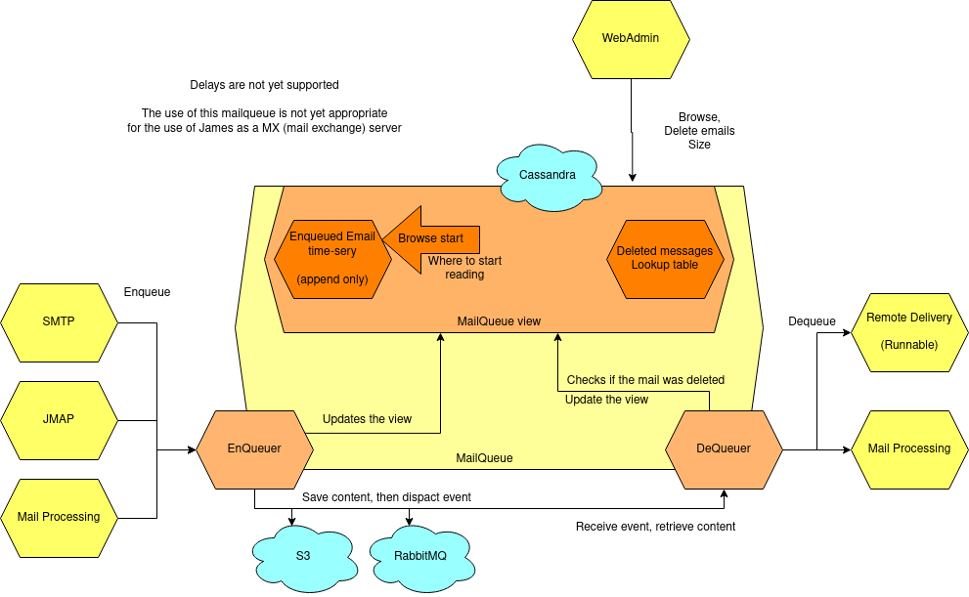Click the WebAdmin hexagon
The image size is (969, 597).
631,39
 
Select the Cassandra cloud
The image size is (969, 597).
547,175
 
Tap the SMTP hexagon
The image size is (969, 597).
59,321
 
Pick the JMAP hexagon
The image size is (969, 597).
59,419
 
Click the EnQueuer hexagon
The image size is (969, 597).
254,448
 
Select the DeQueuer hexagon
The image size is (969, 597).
724,448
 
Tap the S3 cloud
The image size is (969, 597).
302,555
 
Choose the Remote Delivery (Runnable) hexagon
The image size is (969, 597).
908,331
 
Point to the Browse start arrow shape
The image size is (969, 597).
435,238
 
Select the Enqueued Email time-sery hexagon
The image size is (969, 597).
332,258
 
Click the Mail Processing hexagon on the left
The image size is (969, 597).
59,517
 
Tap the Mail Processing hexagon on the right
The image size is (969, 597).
908,448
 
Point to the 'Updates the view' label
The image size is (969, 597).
367,419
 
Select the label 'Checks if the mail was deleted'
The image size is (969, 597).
645,380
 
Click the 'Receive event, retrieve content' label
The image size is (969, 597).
655,527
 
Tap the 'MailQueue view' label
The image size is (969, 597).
499,321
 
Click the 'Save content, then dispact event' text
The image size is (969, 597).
386,497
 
